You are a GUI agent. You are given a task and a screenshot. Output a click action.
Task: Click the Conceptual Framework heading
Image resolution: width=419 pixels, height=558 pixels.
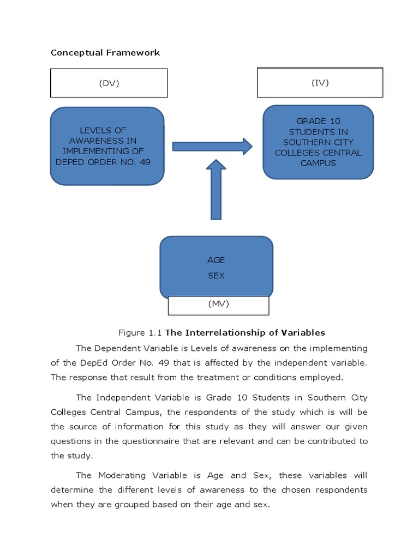[x=105, y=53]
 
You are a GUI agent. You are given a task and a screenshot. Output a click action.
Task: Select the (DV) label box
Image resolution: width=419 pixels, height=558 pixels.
[x=109, y=83]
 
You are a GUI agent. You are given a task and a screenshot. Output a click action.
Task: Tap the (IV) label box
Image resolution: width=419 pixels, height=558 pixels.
[x=320, y=82]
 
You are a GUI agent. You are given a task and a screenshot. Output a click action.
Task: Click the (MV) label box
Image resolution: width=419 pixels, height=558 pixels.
[x=218, y=305]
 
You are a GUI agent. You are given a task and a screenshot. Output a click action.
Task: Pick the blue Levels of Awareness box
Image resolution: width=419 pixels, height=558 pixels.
[x=107, y=145]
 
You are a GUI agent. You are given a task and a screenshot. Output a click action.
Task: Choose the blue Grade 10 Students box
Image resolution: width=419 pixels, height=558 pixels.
[x=318, y=142]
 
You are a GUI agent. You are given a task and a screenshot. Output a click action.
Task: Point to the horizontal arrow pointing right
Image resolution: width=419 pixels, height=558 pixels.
[x=212, y=146]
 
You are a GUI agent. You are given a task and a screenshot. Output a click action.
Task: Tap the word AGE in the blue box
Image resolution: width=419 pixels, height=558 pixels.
[x=216, y=260]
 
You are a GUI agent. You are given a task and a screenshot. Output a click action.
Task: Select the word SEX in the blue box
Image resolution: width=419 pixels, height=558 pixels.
[x=216, y=276]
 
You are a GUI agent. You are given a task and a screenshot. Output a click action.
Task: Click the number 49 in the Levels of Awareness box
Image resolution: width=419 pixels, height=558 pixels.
[x=145, y=162]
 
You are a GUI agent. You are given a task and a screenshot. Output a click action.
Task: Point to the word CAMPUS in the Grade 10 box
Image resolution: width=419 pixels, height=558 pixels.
[x=318, y=163]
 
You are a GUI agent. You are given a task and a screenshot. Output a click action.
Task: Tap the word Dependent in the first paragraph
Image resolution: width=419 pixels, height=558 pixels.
[x=117, y=348]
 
